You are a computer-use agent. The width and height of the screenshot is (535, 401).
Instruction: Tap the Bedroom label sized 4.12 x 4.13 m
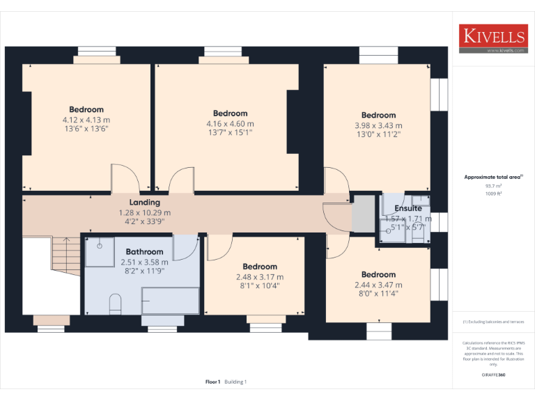[86, 109]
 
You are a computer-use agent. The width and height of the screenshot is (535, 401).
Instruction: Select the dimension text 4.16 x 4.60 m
[231, 123]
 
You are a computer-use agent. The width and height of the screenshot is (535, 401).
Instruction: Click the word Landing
[144, 203]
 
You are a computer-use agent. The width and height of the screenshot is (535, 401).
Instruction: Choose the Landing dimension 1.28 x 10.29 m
[144, 212]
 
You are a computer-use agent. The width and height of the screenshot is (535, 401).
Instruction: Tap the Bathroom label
[144, 252]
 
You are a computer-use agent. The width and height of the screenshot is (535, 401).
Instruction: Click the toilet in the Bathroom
[116, 304]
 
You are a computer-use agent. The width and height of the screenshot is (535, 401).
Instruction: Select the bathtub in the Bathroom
[170, 301]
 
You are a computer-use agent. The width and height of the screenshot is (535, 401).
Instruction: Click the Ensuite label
[408, 208]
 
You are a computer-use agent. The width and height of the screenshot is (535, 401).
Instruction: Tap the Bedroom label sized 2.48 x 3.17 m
[260, 267]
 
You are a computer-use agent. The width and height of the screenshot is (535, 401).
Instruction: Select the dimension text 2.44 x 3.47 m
[378, 285]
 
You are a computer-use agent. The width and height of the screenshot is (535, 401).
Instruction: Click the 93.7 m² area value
[493, 186]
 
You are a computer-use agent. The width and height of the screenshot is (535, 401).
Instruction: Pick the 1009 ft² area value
[493, 194]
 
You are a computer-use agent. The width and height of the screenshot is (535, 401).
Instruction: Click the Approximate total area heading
[493, 178]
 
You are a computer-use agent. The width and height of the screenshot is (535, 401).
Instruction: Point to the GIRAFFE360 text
[493, 375]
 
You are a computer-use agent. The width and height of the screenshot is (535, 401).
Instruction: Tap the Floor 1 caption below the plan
[213, 382]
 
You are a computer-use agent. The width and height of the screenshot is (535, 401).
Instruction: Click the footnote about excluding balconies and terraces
[493, 322]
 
